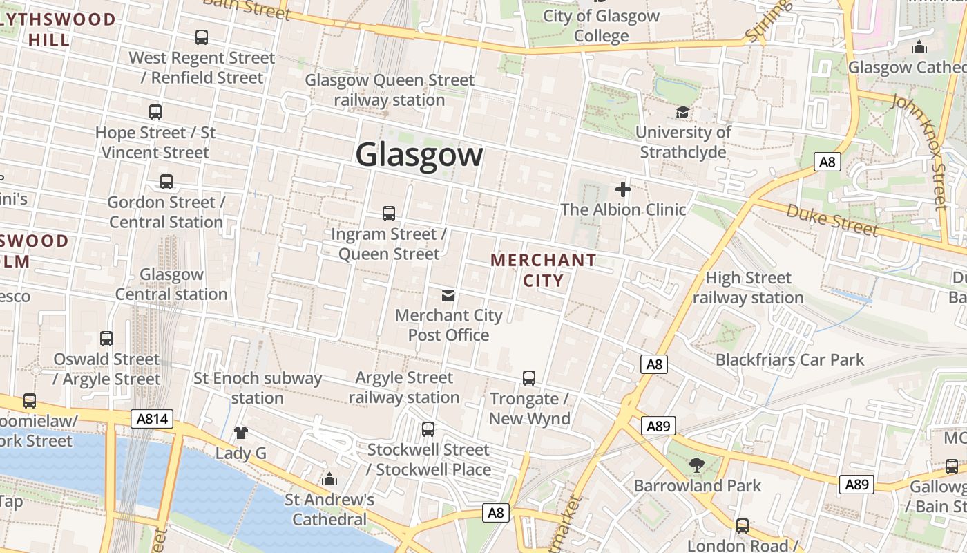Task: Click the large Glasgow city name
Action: pyautogui.click(x=419, y=154)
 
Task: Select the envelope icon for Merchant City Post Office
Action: pyautogui.click(x=448, y=296)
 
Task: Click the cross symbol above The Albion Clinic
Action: pyautogui.click(x=623, y=189)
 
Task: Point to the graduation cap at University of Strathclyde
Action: pyautogui.click(x=682, y=112)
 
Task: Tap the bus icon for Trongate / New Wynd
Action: pyautogui.click(x=529, y=378)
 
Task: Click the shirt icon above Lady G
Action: pyautogui.click(x=240, y=433)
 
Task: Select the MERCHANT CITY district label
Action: pyautogui.click(x=543, y=270)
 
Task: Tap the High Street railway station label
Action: pyautogui.click(x=748, y=288)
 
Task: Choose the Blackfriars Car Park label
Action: pyautogui.click(x=789, y=359)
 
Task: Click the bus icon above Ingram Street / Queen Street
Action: pyautogui.click(x=389, y=214)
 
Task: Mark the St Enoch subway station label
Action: pyautogui.click(x=258, y=388)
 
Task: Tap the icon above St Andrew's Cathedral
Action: pyautogui.click(x=329, y=479)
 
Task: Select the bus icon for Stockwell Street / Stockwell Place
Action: pyautogui.click(x=428, y=429)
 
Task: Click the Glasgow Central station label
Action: pyautogui.click(x=171, y=284)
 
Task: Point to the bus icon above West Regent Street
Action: pyautogui.click(x=202, y=37)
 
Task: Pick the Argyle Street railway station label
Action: pyautogui.click(x=404, y=387)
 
